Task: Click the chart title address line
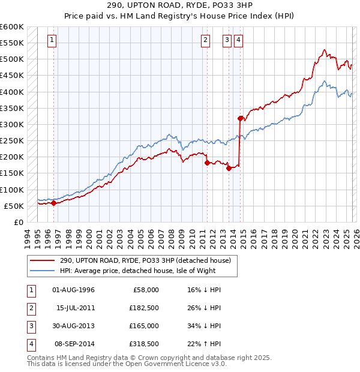point(179,5)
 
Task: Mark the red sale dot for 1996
point(53,203)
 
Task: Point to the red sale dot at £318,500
point(241,118)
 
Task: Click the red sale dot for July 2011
point(207,163)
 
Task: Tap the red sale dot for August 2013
point(229,168)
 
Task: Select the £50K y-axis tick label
point(14,206)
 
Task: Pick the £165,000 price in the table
point(144,326)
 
